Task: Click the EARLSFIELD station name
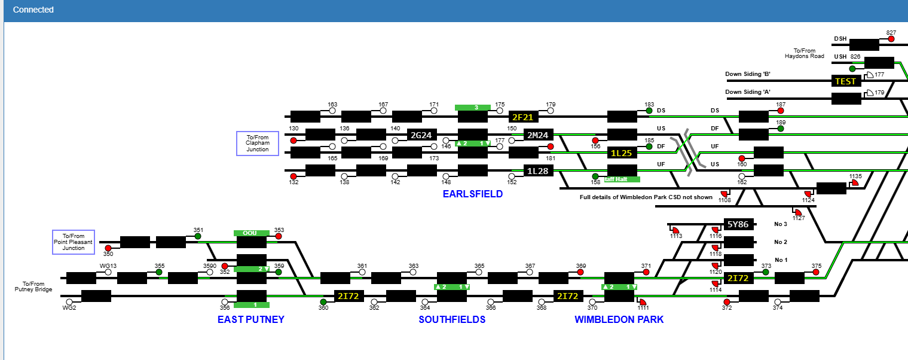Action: point(472,194)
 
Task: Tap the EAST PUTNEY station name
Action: point(250,319)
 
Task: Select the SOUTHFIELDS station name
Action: point(452,319)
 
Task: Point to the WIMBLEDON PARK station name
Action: point(619,319)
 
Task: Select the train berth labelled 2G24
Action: point(421,135)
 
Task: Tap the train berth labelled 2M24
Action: point(538,135)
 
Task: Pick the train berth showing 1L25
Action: point(622,153)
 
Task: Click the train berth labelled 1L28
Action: point(538,171)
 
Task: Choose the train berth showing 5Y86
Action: point(738,225)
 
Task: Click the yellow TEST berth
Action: point(846,81)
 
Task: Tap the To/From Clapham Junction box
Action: point(258,144)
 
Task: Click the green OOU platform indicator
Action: point(251,233)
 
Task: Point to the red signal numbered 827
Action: point(891,39)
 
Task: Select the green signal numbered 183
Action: point(649,111)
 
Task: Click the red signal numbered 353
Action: point(279,236)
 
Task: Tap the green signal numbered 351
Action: point(198,236)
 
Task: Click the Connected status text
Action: point(33,10)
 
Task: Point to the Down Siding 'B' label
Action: point(747,74)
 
